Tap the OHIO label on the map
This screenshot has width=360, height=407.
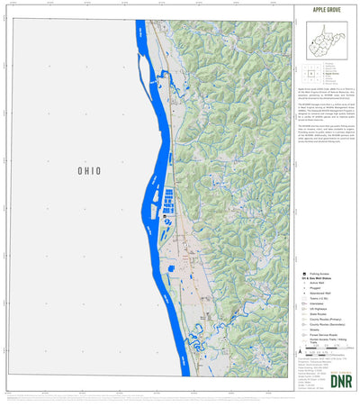tap(87, 170)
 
